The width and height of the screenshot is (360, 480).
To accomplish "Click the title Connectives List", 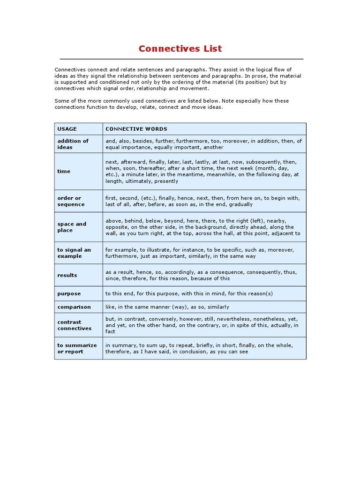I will point(180,49).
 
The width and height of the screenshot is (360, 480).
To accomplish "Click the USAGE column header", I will point(67,129).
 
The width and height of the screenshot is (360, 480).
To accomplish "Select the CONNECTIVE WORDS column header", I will point(136,129).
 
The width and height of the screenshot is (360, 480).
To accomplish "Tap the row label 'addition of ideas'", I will point(73,144).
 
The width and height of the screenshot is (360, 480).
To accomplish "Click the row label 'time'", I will point(64,172).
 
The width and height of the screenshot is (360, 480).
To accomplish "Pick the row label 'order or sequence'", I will point(71,201).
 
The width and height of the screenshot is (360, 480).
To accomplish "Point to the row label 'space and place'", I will point(72,227).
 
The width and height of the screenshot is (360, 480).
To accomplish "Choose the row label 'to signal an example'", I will point(74,253).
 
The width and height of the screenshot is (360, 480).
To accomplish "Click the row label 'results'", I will point(67,275).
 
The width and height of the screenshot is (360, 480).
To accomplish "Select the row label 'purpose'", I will point(69,293).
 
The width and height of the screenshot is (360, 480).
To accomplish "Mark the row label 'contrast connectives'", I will point(74,325).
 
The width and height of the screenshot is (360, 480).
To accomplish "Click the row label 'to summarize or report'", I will point(77,348).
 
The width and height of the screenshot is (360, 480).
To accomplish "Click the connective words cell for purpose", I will point(189,293).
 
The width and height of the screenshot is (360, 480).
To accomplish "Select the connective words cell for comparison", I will point(167,307).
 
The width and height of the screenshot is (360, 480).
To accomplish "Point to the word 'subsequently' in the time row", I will point(262,162).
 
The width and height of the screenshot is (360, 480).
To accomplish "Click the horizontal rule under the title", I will point(181,59).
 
